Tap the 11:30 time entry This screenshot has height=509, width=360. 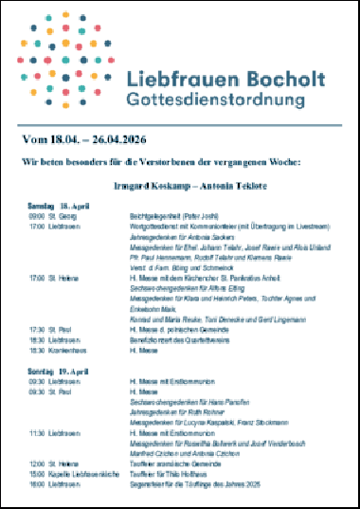click(37, 432)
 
